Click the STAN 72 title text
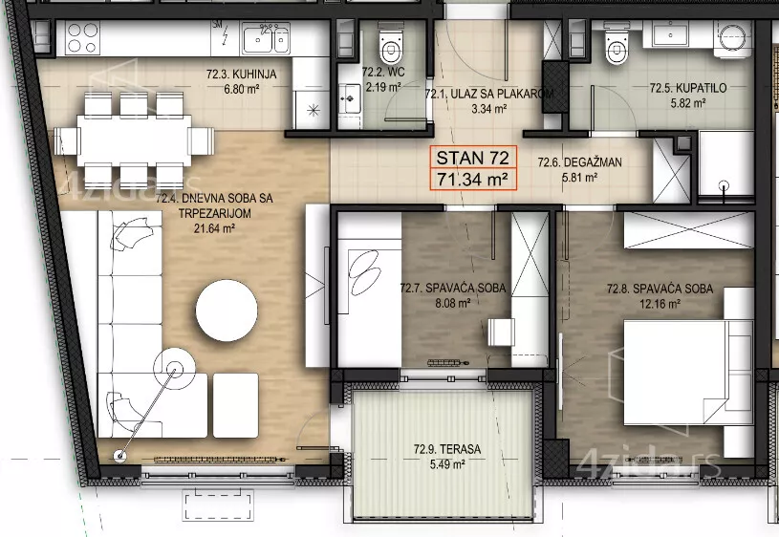click(x=472, y=158)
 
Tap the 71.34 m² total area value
click(x=472, y=179)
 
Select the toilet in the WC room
click(x=390, y=44)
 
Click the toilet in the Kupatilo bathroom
click(x=617, y=44)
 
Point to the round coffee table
click(x=227, y=310)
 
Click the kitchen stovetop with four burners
click(x=82, y=38)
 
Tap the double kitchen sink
click(x=266, y=38)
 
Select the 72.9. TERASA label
click(x=447, y=449)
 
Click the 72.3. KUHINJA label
click(x=242, y=75)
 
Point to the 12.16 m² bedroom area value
click(x=660, y=304)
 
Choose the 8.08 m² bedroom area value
click(x=453, y=303)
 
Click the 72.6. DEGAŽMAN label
click(x=580, y=162)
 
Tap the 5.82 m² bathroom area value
click(x=688, y=103)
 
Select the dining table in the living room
click(x=134, y=140)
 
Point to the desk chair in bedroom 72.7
click(x=501, y=332)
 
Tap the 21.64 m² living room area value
click(x=214, y=229)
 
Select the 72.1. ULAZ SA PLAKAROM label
click(x=489, y=94)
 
